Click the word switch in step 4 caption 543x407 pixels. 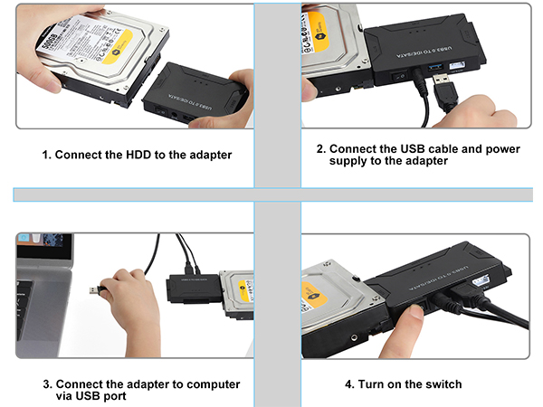(x=443, y=384)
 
